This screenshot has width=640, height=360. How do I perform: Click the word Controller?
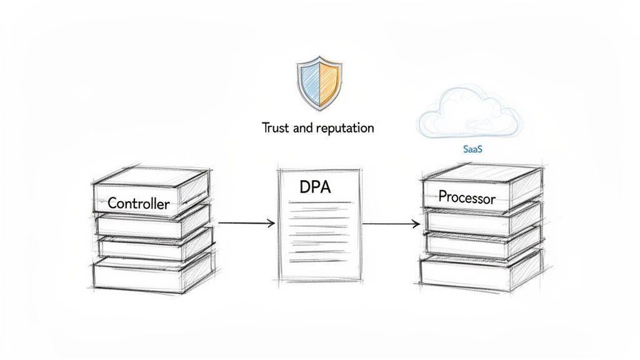click(x=138, y=204)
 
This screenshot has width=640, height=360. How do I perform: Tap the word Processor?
click(x=466, y=197)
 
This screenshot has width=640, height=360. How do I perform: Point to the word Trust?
click(x=276, y=128)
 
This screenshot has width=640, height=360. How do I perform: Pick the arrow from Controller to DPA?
click(x=246, y=223)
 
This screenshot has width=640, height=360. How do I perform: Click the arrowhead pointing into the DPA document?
click(x=271, y=223)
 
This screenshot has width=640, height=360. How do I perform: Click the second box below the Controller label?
click(x=153, y=249)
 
